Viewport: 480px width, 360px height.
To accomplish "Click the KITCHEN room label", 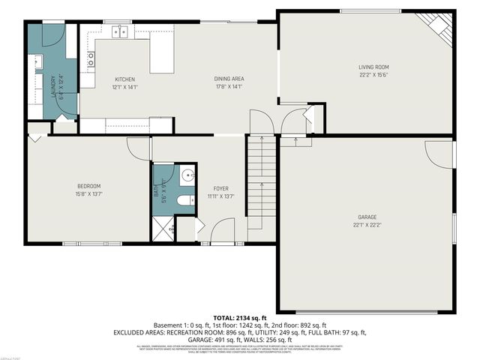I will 124,79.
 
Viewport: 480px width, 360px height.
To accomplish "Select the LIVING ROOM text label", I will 373,67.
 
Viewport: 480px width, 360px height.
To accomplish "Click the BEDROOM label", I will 88,186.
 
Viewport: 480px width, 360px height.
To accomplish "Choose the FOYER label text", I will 220,188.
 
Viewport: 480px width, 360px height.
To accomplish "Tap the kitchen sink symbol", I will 120,31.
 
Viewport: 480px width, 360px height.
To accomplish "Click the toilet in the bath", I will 185,200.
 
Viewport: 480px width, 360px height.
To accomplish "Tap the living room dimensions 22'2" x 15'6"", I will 373,75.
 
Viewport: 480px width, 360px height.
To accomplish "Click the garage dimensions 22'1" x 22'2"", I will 365,225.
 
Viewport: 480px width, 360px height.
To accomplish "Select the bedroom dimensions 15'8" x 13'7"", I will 88,193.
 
